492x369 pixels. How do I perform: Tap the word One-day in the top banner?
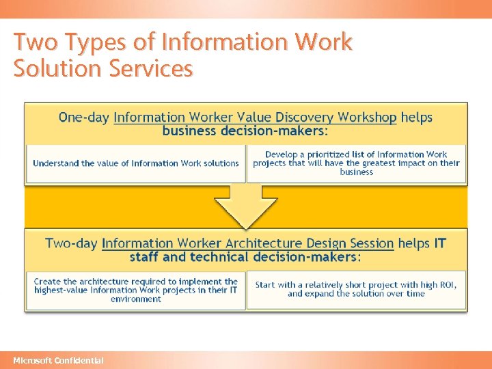(83, 118)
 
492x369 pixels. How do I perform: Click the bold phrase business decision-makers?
(245, 131)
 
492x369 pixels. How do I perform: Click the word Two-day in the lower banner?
(71, 243)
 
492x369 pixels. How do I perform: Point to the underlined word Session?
(370, 243)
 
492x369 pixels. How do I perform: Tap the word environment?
(136, 299)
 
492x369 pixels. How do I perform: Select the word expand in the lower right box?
(320, 294)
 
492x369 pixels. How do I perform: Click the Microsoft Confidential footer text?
(59, 360)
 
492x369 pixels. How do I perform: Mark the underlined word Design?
(327, 243)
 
